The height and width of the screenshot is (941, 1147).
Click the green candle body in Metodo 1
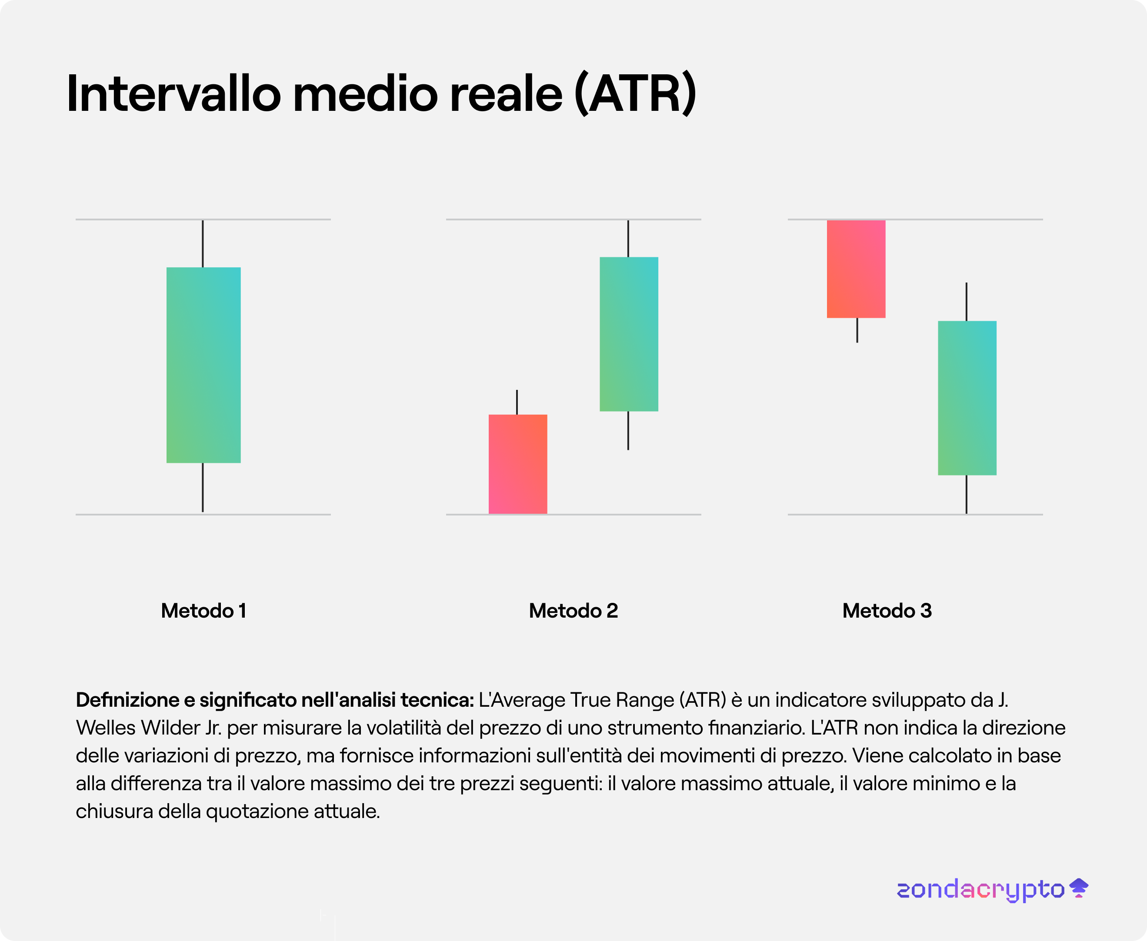click(203, 365)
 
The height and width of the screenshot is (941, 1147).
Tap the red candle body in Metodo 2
click(518, 464)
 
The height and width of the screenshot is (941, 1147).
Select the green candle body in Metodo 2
click(629, 334)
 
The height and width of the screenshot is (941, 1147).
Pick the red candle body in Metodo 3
click(856, 269)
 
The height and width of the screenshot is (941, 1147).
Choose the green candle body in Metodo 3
click(967, 398)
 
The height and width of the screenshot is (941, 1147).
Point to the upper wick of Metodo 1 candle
click(203, 244)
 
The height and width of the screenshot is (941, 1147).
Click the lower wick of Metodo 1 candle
click(203, 487)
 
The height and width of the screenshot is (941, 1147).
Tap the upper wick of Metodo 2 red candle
click(517, 402)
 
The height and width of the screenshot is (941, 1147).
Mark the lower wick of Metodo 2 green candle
click(628, 430)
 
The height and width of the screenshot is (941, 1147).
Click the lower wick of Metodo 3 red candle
click(857, 330)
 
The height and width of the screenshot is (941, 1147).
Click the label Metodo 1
click(204, 611)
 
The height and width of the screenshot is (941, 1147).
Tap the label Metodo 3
click(887, 611)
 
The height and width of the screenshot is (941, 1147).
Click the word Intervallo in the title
click(174, 93)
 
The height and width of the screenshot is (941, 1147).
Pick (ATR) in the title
click(635, 93)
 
